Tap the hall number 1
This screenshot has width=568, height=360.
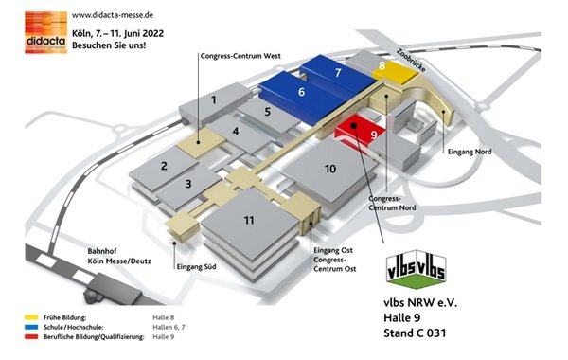pyautogui.click(x=214, y=99)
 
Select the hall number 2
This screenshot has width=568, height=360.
pyautogui.click(x=165, y=167)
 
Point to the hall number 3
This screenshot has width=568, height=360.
pyautogui.click(x=189, y=184)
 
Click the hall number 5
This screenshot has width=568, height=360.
pyautogui.click(x=268, y=111)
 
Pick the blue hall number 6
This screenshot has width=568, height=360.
pyautogui.click(x=301, y=93)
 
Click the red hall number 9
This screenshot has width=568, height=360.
pyautogui.click(x=373, y=135)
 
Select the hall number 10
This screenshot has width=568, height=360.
pyautogui.click(x=330, y=169)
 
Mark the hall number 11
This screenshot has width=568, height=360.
pyautogui.click(x=248, y=220)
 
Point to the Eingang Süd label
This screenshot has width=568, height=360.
pyautogui.click(x=197, y=267)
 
